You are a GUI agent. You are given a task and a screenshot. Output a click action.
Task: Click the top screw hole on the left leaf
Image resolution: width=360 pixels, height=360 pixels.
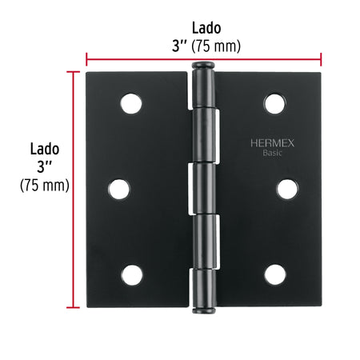[x=131, y=103]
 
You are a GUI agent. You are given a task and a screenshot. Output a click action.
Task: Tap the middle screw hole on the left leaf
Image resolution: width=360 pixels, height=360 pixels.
[x=119, y=189]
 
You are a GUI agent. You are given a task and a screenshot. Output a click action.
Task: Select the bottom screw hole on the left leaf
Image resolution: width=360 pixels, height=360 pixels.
[x=132, y=275]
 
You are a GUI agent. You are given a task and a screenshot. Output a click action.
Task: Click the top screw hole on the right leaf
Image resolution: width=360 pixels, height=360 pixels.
[x=275, y=103]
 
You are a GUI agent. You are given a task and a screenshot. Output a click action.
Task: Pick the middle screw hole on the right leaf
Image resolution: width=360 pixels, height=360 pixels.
[x=287, y=189]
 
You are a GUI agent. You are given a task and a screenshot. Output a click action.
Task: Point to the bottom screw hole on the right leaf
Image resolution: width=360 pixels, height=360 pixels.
[x=275, y=274]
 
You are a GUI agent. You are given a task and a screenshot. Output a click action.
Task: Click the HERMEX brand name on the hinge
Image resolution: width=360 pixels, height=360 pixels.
[x=272, y=143]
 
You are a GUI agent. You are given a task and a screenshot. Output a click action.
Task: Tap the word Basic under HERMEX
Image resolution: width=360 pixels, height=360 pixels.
[x=272, y=153]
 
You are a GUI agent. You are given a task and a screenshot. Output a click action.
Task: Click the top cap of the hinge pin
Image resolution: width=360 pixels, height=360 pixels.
[x=203, y=66]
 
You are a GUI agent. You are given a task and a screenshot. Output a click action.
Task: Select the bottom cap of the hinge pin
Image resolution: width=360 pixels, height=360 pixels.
[x=203, y=310]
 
